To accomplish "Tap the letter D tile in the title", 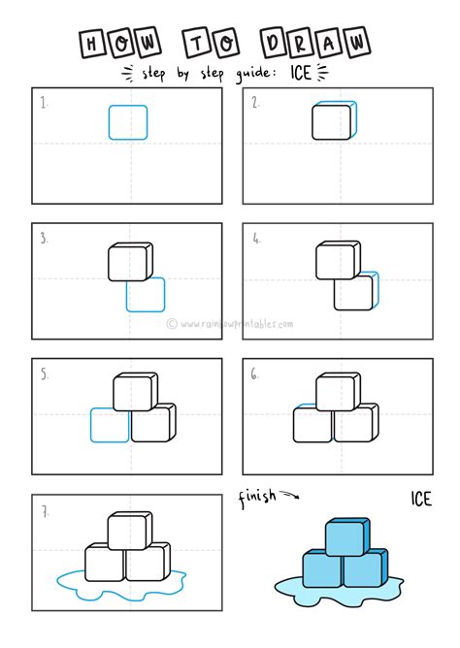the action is click(274, 43).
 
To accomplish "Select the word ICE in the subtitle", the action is click(301, 73).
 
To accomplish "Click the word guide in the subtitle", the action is click(253, 74).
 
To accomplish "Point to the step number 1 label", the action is click(44, 103).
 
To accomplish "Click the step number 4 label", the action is click(256, 239).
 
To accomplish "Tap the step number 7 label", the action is click(45, 512).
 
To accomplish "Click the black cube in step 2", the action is click(335, 120).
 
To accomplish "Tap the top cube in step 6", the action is click(338, 391).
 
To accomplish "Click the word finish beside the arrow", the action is click(257, 497).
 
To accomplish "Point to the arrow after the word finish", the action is click(289, 495).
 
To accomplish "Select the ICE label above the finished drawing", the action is click(421, 499).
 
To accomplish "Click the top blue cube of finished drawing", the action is click(347, 536).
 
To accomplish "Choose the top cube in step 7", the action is click(130, 531).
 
